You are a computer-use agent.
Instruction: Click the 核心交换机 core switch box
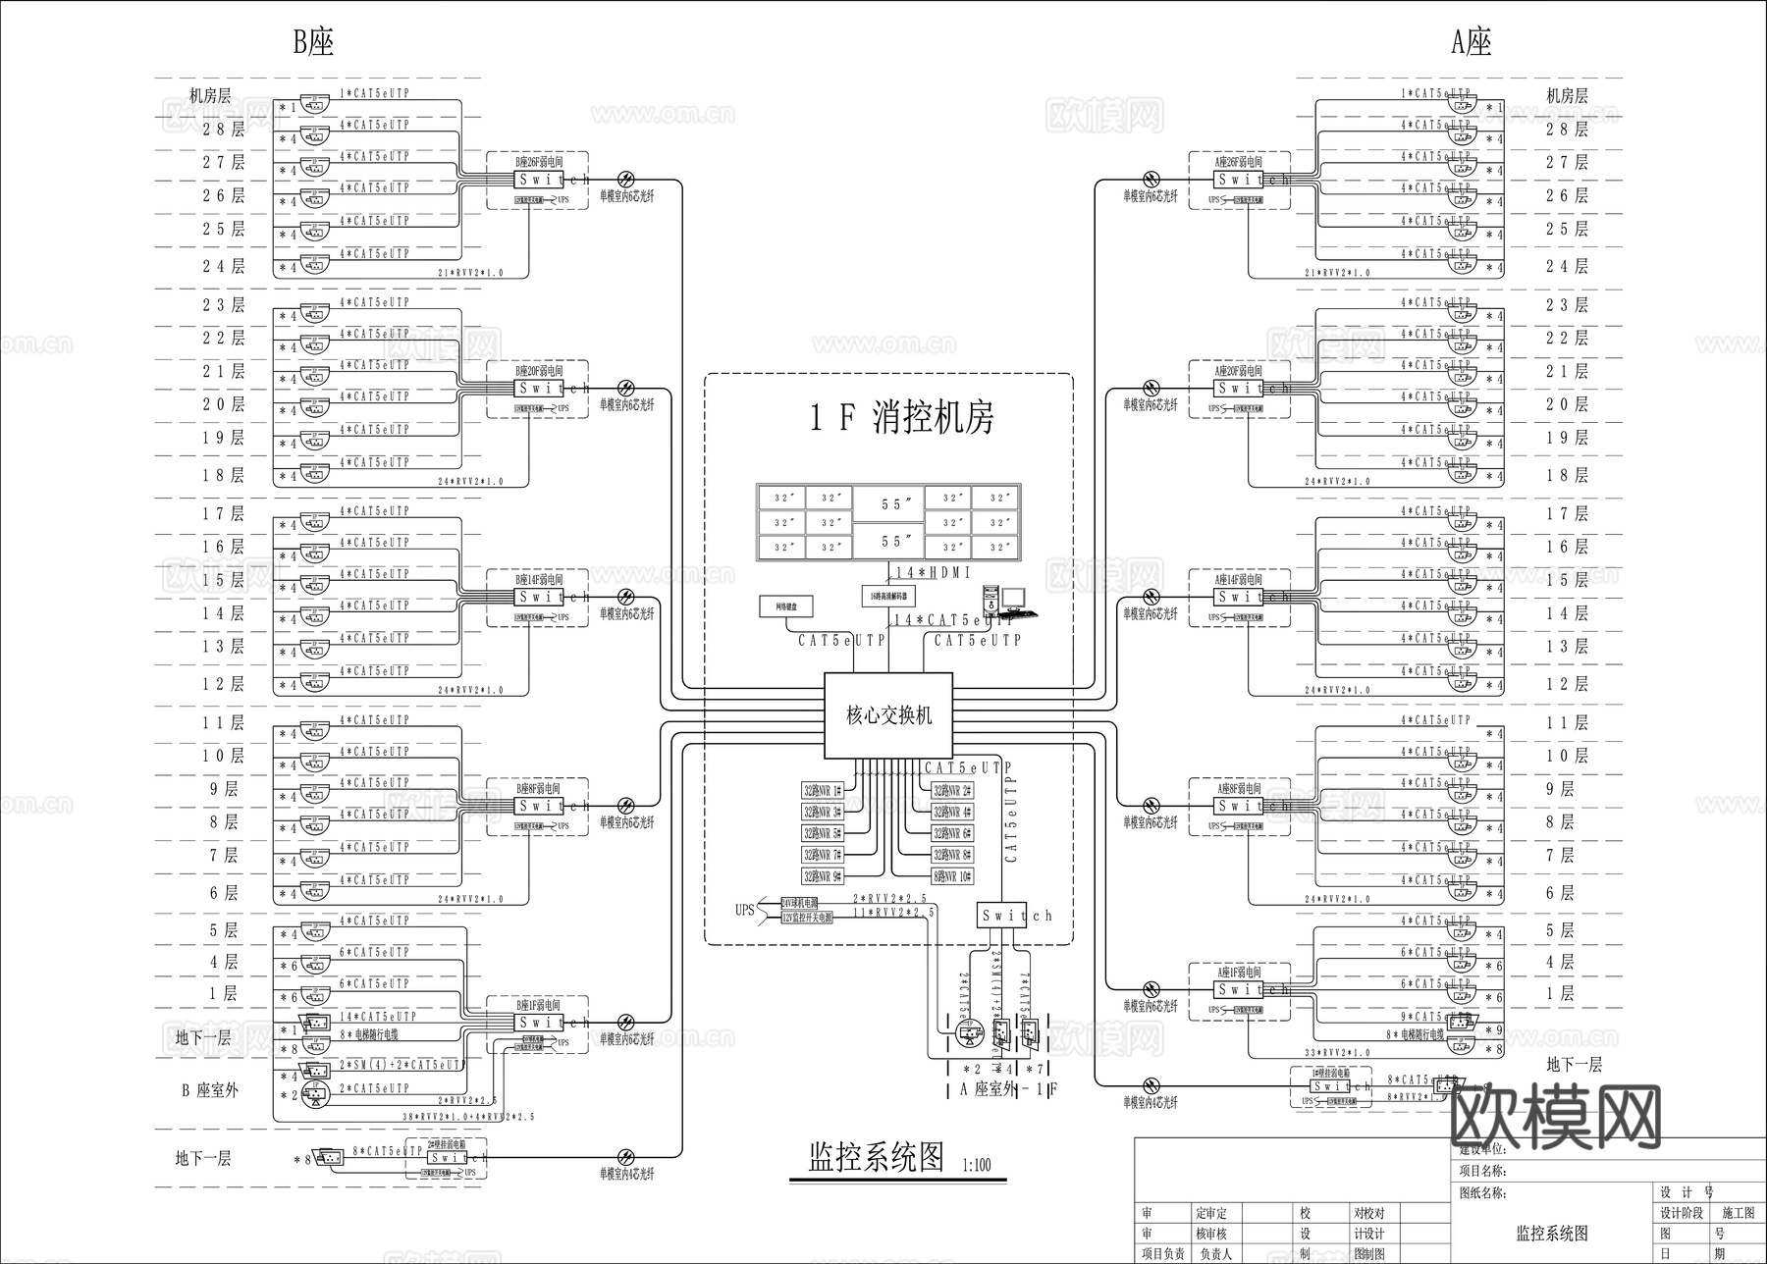[888, 715]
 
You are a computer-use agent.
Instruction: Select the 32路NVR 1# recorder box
[823, 791]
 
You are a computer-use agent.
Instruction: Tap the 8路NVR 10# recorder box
[953, 876]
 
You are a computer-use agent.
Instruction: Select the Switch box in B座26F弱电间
[538, 180]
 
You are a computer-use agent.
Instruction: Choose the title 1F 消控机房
[901, 419]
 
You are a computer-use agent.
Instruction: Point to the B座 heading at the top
[314, 42]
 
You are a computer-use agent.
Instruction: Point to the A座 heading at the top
[1471, 42]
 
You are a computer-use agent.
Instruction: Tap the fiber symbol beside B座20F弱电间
[625, 389]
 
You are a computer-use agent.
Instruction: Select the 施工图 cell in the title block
[1738, 1213]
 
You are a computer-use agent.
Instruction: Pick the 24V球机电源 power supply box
[806, 903]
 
